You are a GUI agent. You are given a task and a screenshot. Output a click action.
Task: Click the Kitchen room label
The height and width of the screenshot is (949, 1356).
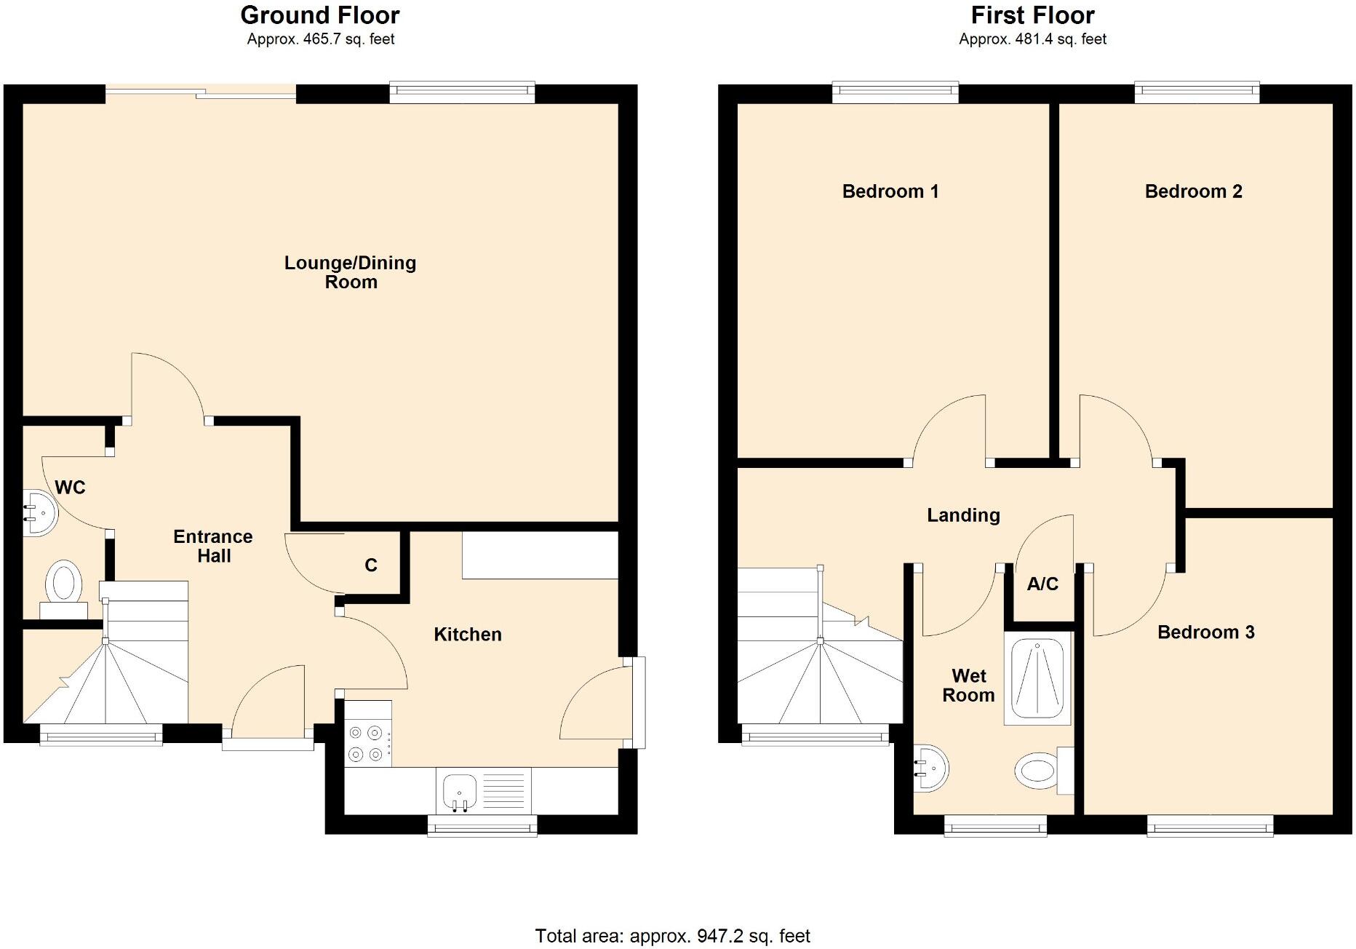[467, 634]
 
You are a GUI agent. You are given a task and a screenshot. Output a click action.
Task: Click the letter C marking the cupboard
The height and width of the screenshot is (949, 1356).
[371, 565]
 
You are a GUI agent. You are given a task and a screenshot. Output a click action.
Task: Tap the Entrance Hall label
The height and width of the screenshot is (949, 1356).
[213, 546]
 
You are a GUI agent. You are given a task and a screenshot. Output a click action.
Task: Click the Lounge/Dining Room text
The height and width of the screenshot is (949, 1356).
[350, 272]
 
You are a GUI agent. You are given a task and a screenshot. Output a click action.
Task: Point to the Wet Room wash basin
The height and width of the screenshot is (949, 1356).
[931, 768]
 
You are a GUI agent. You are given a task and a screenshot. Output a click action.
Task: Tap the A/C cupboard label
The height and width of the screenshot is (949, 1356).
[1042, 584]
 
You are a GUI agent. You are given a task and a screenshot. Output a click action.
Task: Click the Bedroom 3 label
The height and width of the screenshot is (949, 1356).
[1205, 632]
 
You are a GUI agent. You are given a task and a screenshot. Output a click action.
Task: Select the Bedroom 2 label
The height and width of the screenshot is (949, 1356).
[1193, 191]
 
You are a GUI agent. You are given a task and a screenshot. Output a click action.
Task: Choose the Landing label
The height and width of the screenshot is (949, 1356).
[963, 515]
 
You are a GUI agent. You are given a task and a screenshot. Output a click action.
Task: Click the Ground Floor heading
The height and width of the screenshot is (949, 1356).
[320, 15]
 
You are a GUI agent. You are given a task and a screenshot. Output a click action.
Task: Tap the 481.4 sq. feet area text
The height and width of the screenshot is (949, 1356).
[1032, 39]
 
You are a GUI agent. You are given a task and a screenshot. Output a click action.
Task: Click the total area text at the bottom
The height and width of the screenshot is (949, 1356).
[672, 936]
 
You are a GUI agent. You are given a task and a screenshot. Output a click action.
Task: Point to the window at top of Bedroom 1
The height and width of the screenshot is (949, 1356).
[895, 91]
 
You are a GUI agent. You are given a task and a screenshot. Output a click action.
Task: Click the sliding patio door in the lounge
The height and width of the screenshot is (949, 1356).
[201, 92]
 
